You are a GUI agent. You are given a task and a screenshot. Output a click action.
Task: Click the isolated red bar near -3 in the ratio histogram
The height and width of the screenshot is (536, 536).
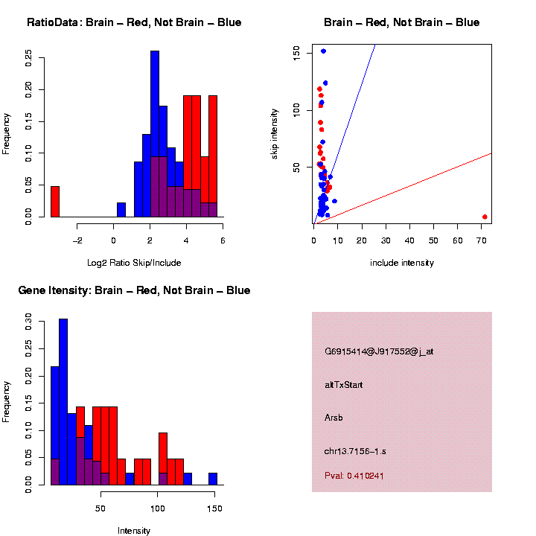(55, 202)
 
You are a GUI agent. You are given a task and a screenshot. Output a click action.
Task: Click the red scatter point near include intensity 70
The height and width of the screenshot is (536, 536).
(485, 217)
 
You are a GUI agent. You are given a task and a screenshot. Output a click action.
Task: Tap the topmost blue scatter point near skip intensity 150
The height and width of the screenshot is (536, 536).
(323, 51)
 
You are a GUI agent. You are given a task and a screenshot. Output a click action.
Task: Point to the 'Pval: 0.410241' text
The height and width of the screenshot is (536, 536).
(354, 475)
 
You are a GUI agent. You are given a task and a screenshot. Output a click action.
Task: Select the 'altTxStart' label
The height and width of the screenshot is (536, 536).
(344, 385)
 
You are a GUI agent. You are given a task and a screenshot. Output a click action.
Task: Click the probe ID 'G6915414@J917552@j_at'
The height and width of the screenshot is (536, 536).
(379, 351)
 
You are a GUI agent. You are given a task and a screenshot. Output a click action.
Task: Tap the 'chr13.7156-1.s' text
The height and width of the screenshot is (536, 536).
(355, 451)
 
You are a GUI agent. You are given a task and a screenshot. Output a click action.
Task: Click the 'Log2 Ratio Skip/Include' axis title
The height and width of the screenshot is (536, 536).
(134, 262)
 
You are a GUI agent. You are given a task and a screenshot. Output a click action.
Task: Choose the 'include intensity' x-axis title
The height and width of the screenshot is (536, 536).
(402, 262)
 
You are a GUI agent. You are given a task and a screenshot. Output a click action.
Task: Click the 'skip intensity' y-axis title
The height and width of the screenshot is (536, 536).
(275, 133)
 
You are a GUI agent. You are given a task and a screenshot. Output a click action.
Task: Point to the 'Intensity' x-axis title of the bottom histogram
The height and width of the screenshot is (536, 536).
(134, 531)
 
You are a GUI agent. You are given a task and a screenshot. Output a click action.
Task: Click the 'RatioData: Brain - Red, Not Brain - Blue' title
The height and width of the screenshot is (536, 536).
(134, 22)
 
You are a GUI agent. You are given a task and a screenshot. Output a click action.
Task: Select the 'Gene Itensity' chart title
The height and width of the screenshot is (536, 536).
(134, 290)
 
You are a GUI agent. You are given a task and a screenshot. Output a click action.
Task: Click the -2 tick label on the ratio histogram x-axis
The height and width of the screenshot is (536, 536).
(77, 240)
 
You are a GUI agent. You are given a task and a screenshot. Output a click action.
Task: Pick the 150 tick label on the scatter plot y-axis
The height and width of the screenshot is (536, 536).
(297, 51)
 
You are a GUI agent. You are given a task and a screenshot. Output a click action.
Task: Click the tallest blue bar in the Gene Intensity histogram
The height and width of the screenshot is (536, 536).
(63, 402)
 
